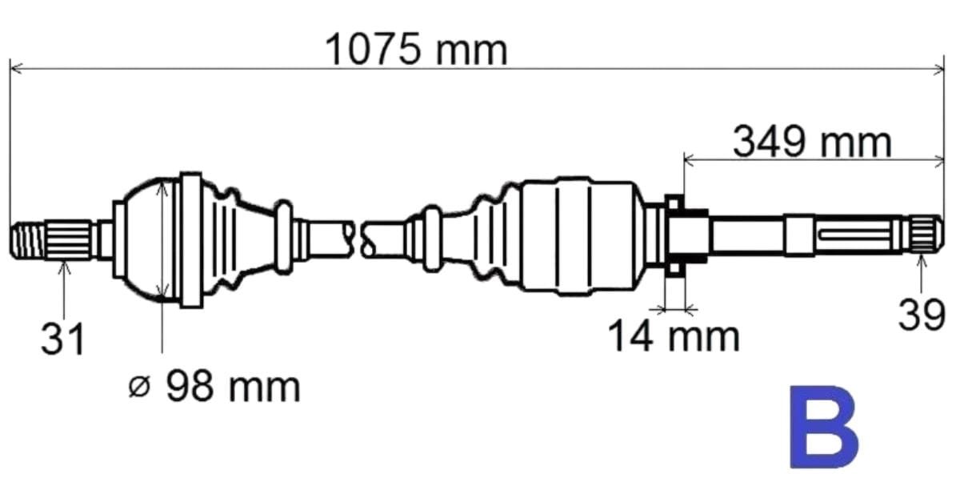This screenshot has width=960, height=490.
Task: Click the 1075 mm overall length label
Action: tap(416, 50)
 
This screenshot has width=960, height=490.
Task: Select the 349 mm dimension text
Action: tap(812, 142)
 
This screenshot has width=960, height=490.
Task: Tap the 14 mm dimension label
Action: tap(674, 336)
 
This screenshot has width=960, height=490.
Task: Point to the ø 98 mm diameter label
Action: tap(214, 388)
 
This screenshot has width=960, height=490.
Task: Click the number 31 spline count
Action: tap(62, 339)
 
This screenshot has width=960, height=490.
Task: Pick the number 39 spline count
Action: tap(922, 315)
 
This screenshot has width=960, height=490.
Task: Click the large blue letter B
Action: tap(823, 427)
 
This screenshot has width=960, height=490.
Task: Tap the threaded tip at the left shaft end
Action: tap(27, 240)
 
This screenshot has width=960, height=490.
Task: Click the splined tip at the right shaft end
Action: tap(926, 235)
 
